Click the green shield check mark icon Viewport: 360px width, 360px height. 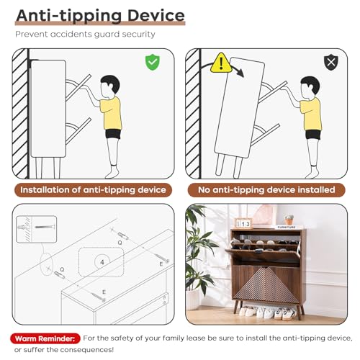click(x=153, y=62)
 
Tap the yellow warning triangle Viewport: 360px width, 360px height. click(x=221, y=63)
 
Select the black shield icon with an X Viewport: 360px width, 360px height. click(x=331, y=62)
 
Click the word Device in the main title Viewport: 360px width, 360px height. click(x=156, y=16)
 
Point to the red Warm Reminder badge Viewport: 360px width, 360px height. click(x=45, y=338)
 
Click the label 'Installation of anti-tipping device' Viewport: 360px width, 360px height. click(x=93, y=190)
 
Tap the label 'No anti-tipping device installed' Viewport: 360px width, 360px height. click(x=266, y=190)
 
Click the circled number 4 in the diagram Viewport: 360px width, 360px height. click(x=102, y=262)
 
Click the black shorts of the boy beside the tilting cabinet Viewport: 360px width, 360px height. click(x=313, y=135)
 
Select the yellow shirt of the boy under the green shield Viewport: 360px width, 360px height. click(x=111, y=113)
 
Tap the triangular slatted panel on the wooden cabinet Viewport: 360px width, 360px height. click(x=266, y=286)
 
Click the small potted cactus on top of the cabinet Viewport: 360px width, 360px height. click(x=289, y=220)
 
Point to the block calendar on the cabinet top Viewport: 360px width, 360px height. click(x=243, y=223)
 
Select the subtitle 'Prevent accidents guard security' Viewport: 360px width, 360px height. click(x=85, y=35)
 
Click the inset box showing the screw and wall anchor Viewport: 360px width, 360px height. click(x=37, y=229)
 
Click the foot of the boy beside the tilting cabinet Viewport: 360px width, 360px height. click(x=313, y=172)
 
